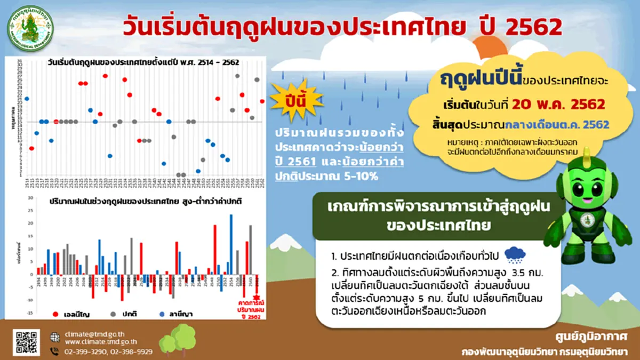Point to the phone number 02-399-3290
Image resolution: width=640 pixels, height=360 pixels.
tap(86, 351)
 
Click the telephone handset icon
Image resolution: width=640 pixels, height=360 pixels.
tap(54, 351)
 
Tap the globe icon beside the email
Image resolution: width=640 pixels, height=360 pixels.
tap(54, 337)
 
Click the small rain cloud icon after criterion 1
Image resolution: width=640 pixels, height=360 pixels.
tap(515, 255)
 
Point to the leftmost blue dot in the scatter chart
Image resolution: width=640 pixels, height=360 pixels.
tap(27, 99)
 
